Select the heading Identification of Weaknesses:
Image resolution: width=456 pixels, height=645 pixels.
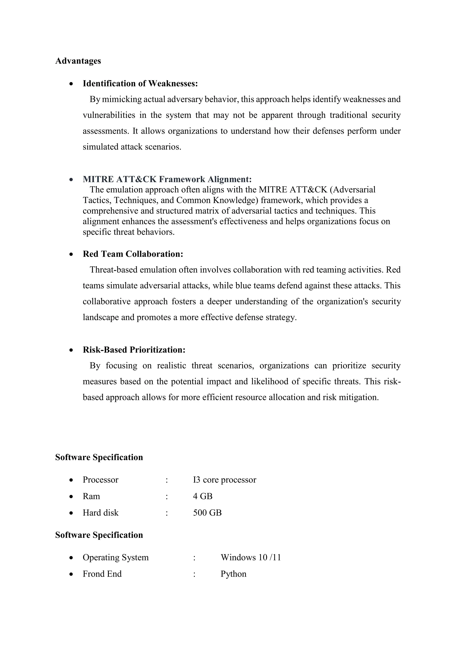pos(140,84)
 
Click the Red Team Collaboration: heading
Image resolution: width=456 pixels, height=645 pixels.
pos(133,254)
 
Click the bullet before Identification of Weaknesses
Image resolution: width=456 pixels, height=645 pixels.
pos(72,84)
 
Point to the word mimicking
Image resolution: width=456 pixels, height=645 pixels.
pos(122,100)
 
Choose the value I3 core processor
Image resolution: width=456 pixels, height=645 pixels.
pos(224,480)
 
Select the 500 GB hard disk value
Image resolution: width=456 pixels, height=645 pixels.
pos(207,513)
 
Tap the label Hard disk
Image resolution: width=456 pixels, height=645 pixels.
pos(100,513)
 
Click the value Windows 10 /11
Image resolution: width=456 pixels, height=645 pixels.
pos(250,558)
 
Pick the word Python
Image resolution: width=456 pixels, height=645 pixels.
pos(233,574)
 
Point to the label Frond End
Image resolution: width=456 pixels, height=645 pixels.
pos(102,574)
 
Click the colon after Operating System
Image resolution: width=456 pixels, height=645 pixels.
pos(194,558)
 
